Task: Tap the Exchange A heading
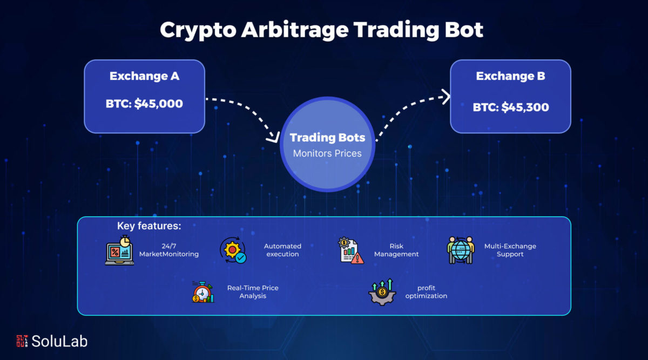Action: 144,76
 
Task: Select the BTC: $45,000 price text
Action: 144,104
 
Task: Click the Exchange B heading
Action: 510,76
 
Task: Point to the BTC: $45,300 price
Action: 511,107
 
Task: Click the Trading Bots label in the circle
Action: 327,138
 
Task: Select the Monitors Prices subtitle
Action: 327,153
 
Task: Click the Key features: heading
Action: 149,226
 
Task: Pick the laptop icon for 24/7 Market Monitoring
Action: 119,250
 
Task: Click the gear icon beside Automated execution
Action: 233,250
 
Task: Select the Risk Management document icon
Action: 350,250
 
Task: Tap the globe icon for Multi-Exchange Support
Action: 461,250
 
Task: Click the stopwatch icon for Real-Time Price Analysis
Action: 203,292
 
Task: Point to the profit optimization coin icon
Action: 382,292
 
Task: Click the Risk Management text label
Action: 396,250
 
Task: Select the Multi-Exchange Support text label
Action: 510,250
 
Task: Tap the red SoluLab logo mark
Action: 22,341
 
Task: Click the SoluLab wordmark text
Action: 59,341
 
